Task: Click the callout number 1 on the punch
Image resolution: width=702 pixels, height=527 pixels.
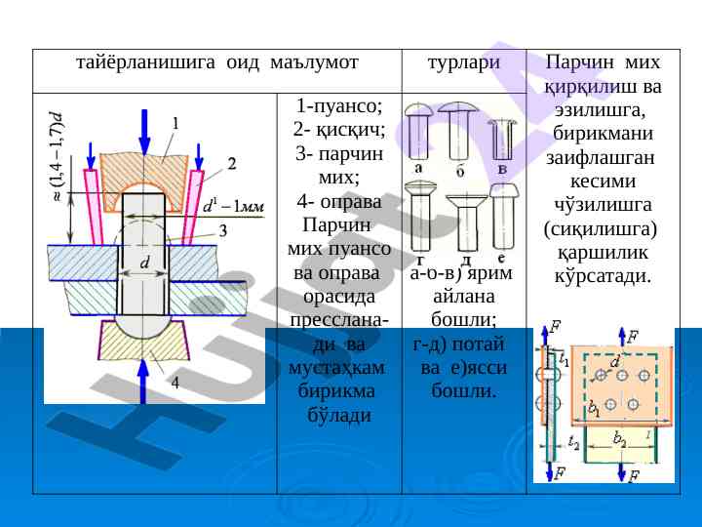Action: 175,123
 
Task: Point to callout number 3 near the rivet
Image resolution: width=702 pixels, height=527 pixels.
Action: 223,230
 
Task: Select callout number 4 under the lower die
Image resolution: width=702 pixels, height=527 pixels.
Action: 175,384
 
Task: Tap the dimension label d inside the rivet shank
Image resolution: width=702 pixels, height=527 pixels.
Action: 144,263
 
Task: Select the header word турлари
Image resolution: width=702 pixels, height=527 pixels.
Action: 464,61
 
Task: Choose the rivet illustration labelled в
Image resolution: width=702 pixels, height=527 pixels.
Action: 502,137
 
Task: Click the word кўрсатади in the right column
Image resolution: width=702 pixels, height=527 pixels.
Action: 603,277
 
